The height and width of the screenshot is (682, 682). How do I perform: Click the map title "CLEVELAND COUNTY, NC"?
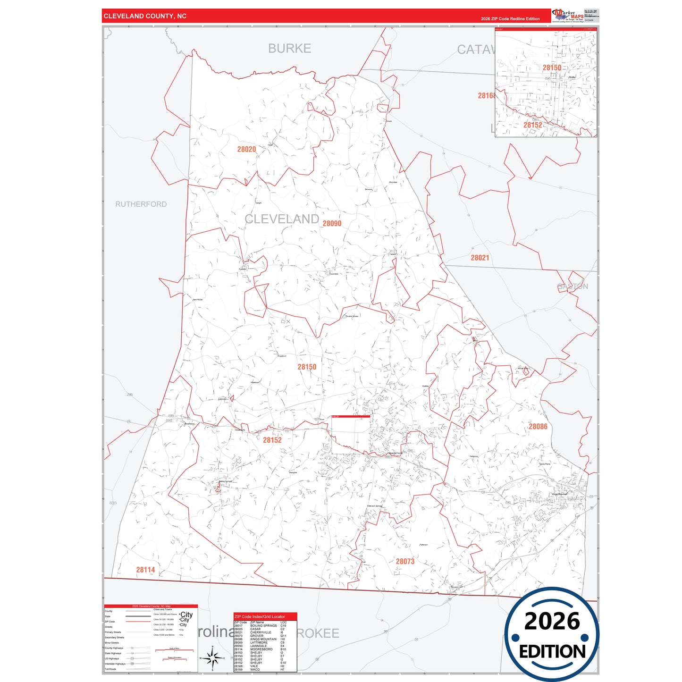coord(145,16)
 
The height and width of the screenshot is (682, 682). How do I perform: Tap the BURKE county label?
coord(289,49)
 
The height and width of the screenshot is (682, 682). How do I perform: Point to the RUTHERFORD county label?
coord(141,204)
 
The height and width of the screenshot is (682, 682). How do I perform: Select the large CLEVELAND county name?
coord(282,219)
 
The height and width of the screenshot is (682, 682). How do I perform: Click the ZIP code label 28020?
coord(246,149)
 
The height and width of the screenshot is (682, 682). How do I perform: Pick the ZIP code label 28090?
coord(332,223)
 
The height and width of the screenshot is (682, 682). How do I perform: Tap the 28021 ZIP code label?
coord(480,258)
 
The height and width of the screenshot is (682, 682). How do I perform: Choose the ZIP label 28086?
coord(538,427)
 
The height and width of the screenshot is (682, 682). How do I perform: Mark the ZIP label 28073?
coord(405,561)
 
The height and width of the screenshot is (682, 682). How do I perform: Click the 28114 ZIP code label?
coord(145,570)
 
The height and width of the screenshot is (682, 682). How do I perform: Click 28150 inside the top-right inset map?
coord(552,67)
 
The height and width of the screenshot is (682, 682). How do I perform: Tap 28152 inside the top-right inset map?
coord(532,125)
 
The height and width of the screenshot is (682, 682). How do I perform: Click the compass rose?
coord(212,658)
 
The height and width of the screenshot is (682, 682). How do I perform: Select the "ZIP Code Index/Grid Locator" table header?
coord(260,616)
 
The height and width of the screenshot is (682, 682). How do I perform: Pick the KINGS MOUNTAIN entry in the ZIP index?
coord(263,639)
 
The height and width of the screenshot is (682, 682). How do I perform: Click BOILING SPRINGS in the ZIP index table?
coord(263,626)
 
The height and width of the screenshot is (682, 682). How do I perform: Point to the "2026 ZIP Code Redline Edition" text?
coord(510,19)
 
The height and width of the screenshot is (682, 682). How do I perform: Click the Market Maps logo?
coord(568,15)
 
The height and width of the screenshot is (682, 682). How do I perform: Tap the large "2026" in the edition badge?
coord(552,621)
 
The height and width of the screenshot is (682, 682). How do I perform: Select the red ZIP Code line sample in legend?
coord(138,622)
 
